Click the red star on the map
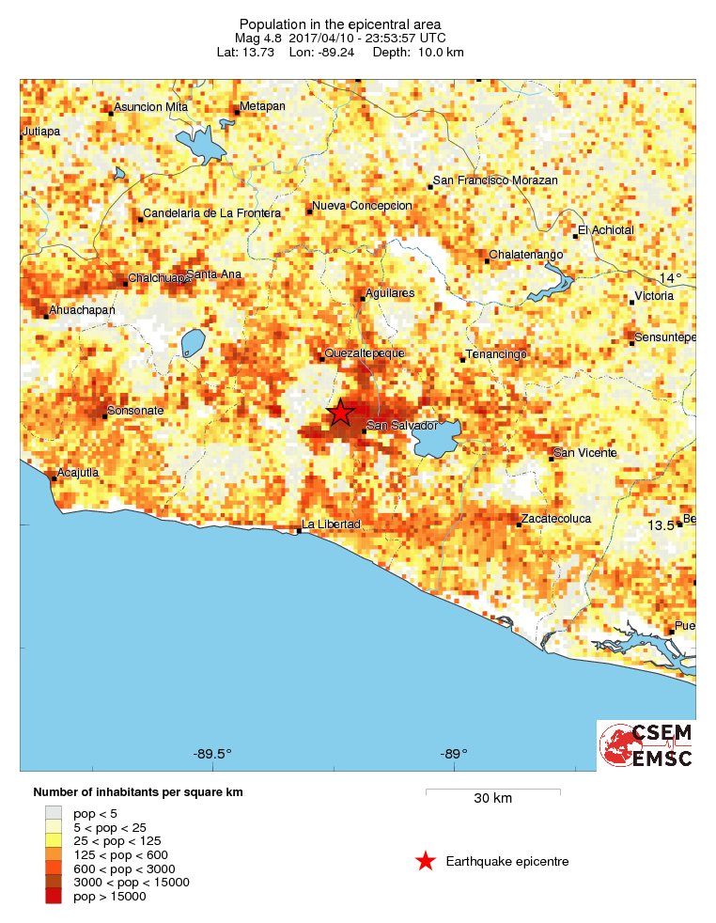point(340,412)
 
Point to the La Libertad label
point(331,524)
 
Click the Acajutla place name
point(78,472)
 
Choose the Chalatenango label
point(525,255)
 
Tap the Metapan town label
point(262,106)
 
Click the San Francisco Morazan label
point(495,180)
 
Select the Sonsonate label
point(136,411)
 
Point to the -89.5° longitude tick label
point(212,753)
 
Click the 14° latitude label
point(671,278)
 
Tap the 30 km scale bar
point(493,792)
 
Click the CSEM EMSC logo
point(646,745)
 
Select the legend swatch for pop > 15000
point(54,897)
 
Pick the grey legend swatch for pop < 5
point(54,812)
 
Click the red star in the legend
point(426,861)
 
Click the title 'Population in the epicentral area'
point(340,23)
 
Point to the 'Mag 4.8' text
point(257,38)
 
